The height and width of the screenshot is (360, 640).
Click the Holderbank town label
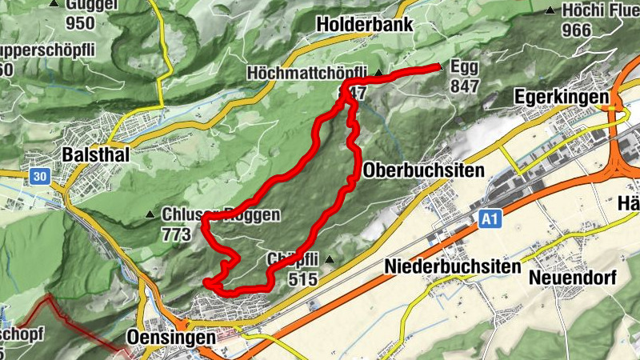pos(365,25)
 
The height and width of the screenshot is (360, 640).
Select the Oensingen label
pos(171,338)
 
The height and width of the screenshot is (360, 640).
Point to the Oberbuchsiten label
pos(424,171)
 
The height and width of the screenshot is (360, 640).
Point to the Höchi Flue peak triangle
pos(550,10)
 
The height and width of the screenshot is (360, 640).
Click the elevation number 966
pos(576,31)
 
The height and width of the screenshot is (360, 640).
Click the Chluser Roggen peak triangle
pos(150,214)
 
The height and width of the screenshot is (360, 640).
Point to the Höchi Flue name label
pos(600,10)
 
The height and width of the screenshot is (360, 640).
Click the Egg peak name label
pos(465,68)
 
